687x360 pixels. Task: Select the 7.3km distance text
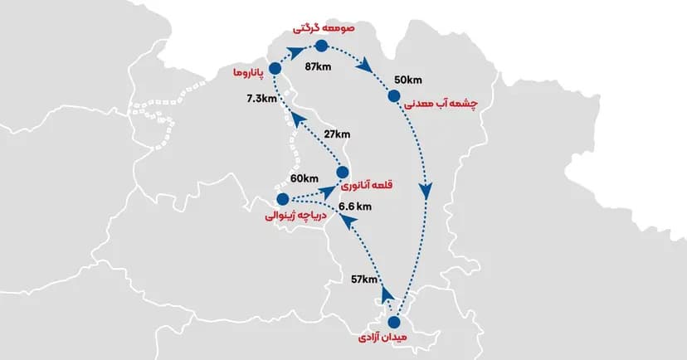tap(262, 98)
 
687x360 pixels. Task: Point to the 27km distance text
tap(338, 134)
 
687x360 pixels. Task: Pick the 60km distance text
tap(305, 178)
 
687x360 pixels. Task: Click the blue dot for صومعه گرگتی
tap(322, 46)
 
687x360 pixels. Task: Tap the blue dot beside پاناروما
tap(276, 71)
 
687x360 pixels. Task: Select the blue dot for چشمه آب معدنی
tap(395, 96)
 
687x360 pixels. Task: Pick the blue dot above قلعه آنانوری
tap(343, 172)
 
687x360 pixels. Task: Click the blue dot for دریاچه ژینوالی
tap(282, 199)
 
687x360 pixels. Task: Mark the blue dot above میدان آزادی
tap(394, 322)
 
